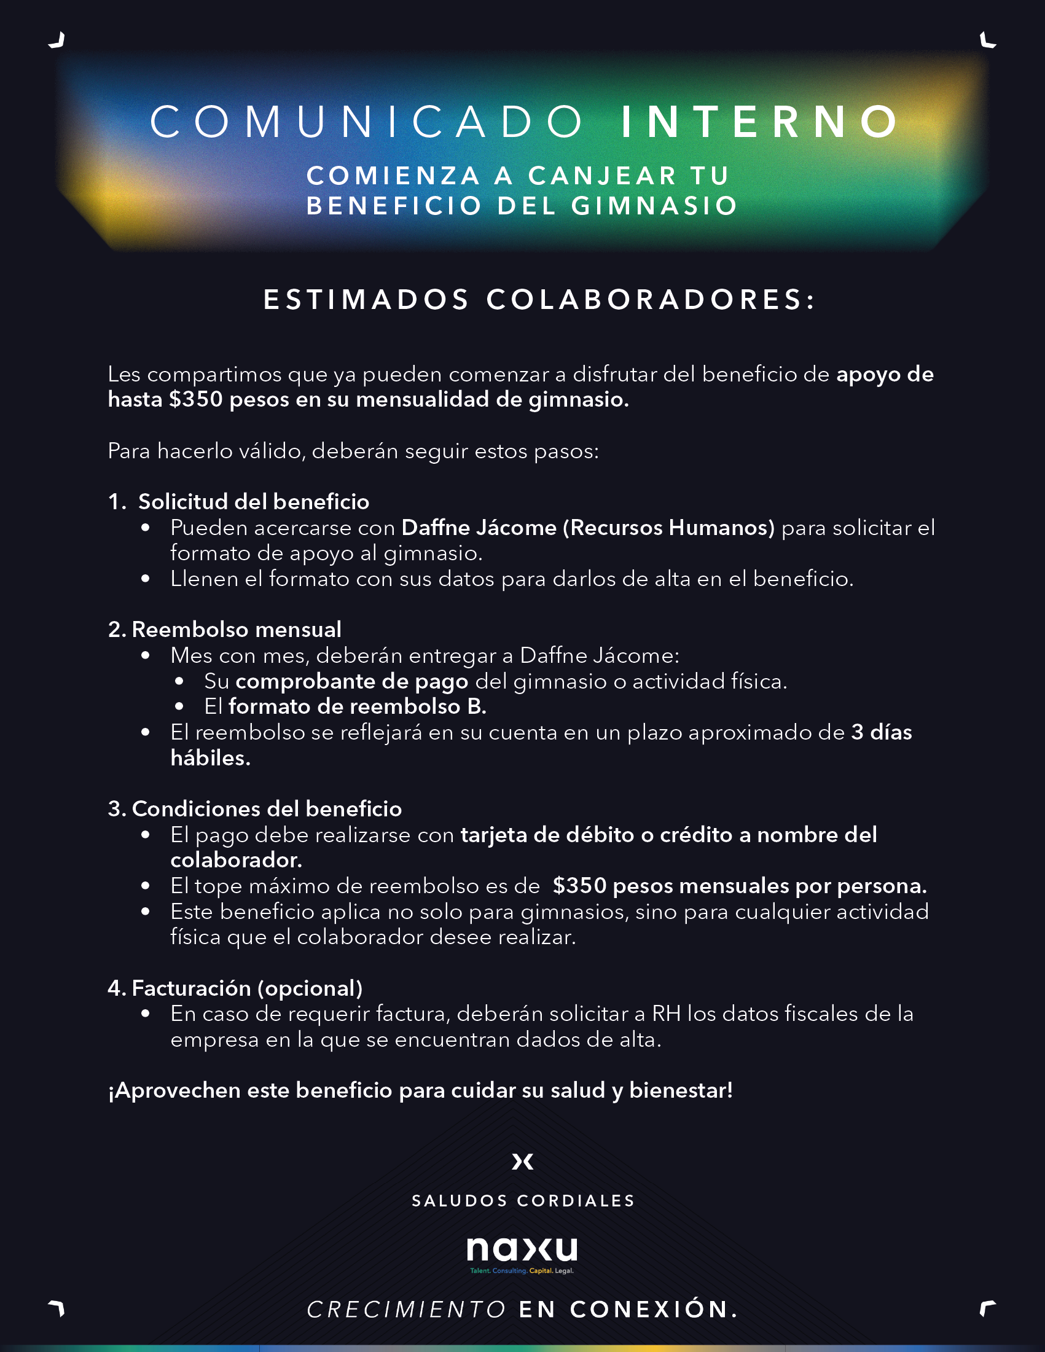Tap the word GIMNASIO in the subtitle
[x=654, y=206]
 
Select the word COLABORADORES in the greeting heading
[x=651, y=300]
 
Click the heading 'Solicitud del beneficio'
[x=253, y=502]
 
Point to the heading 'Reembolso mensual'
[x=236, y=630]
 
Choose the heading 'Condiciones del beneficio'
[x=266, y=809]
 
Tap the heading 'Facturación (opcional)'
[x=246, y=988]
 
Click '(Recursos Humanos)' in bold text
[x=668, y=528]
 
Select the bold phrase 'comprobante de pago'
[x=351, y=682]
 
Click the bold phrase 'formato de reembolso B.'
[x=357, y=707]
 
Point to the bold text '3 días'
[x=881, y=733]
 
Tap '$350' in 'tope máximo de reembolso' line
[x=579, y=886]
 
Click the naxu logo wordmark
[x=522, y=1249]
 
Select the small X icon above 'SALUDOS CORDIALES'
[x=522, y=1162]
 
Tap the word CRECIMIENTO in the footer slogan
[x=406, y=1310]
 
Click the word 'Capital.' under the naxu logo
[x=541, y=1271]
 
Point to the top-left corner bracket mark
[x=57, y=41]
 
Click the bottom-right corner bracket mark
[x=987, y=1308]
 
